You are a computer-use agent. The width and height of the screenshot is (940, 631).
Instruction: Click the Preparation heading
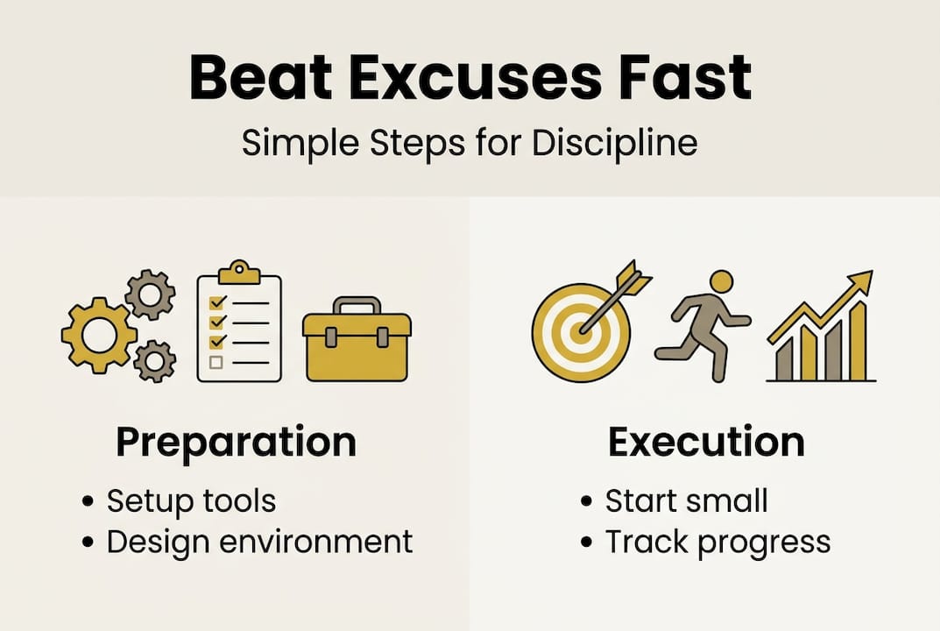click(x=236, y=442)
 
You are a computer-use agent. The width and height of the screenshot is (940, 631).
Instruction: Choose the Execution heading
click(x=706, y=442)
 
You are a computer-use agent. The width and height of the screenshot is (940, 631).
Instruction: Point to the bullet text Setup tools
click(x=191, y=501)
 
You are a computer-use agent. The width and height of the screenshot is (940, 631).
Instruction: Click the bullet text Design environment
click(x=259, y=541)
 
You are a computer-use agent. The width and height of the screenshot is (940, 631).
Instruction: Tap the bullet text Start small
click(x=686, y=501)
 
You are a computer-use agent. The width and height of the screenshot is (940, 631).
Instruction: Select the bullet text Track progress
click(x=717, y=542)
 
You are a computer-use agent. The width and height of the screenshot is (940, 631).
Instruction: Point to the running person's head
click(x=721, y=282)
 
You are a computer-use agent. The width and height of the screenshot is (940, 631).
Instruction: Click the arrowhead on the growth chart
click(x=862, y=282)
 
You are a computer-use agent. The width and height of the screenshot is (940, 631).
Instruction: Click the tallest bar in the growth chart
click(x=858, y=342)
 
